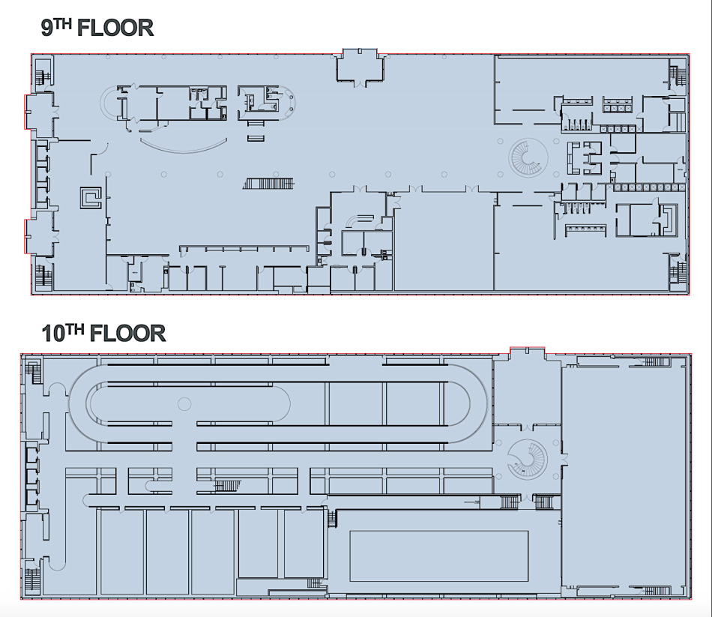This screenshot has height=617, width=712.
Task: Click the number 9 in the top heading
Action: (x=46, y=28)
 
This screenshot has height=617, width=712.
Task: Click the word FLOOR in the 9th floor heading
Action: (x=115, y=28)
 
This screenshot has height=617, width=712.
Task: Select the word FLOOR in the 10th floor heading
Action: (x=127, y=334)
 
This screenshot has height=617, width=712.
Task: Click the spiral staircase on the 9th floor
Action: (x=528, y=158)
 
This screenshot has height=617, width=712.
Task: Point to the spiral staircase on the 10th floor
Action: (x=527, y=459)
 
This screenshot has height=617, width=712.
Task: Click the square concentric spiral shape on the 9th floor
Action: (x=91, y=198)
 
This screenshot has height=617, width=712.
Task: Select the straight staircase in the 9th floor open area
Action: (x=268, y=184)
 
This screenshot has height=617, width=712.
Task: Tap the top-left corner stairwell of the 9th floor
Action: (x=44, y=73)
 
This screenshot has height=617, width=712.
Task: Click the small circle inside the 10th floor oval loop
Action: (x=184, y=403)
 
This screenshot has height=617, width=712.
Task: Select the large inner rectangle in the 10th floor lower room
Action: (x=438, y=556)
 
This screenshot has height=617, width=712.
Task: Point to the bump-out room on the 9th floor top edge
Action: (x=360, y=66)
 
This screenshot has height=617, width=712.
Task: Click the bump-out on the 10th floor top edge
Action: (x=527, y=355)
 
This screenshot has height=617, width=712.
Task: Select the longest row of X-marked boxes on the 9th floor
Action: (x=649, y=187)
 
